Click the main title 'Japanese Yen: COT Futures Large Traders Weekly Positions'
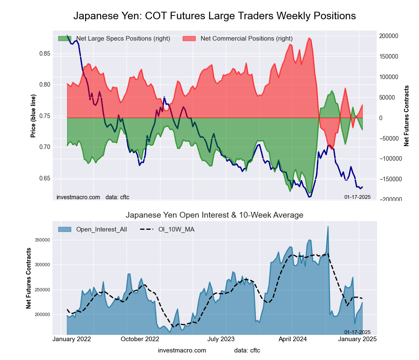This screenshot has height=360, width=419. [x=215, y=16]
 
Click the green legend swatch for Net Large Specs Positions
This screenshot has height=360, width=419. [x=65, y=39]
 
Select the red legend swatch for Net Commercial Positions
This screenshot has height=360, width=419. [x=189, y=39]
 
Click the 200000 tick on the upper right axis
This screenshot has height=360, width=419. [x=389, y=36]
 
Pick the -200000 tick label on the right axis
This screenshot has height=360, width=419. [x=390, y=200]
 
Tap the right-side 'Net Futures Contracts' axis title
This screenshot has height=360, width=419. [x=406, y=116]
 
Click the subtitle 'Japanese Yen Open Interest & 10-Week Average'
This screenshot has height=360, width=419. [x=215, y=215]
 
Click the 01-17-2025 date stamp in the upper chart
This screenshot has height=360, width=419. [x=357, y=197]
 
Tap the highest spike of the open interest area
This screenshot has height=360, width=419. [x=328, y=226]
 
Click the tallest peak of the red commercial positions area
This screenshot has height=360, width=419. [x=309, y=38]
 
